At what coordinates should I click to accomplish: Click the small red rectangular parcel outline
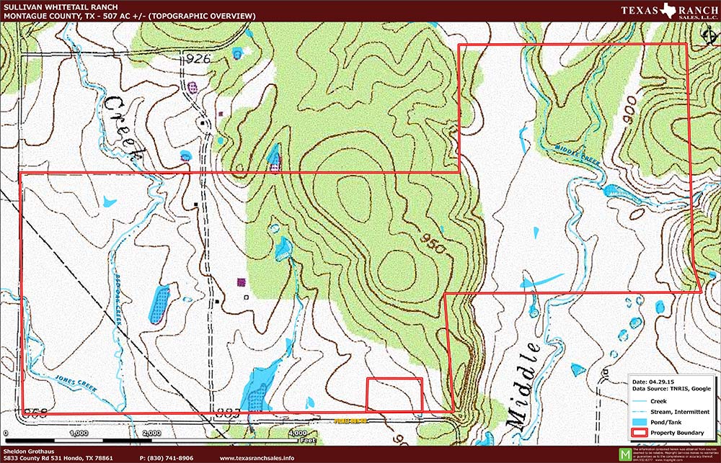pyautogui.click(x=394, y=395)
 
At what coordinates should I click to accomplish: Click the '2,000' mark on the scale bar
pyautogui.click(x=151, y=433)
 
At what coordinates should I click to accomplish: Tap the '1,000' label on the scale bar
pyautogui.click(x=78, y=433)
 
